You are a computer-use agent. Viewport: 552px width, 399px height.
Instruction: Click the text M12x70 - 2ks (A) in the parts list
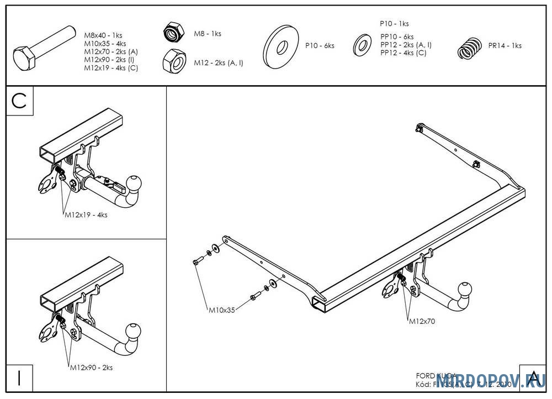[111, 51]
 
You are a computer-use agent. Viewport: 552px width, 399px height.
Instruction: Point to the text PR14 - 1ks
[505, 46]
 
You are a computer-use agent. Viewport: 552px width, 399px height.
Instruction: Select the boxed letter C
[20, 101]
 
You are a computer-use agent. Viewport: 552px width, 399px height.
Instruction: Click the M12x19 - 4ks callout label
[86, 215]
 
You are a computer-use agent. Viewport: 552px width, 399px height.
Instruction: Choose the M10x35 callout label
[221, 310]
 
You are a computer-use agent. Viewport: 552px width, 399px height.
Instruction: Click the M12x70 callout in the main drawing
[422, 321]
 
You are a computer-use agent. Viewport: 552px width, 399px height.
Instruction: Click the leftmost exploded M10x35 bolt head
[197, 261]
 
